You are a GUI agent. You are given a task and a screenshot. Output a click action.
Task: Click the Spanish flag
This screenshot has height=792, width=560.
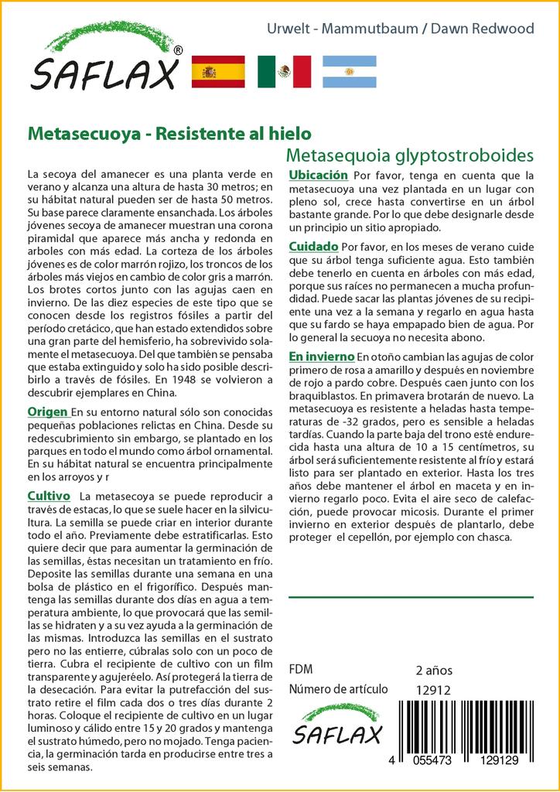click(217, 72)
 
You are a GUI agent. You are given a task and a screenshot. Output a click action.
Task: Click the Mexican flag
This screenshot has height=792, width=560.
click(284, 72)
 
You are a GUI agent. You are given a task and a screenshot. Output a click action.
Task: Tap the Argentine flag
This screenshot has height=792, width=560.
click(349, 72)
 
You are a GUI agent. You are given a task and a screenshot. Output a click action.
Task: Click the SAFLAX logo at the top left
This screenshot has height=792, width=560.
click(105, 60)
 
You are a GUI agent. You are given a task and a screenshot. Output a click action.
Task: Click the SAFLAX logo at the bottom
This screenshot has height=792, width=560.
click(337, 725)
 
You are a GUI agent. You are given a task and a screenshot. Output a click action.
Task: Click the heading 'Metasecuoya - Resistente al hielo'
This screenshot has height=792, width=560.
click(169, 133)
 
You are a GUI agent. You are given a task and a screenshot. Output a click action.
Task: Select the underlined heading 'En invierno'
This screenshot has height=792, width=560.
click(320, 357)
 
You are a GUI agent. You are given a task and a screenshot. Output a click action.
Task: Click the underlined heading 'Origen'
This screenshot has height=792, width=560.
click(48, 411)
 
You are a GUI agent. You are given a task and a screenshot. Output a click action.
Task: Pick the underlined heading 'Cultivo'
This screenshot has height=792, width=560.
click(49, 495)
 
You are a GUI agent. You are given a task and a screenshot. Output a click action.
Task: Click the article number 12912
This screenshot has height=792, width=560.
click(433, 691)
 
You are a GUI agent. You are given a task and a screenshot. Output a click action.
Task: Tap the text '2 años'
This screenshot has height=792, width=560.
click(434, 670)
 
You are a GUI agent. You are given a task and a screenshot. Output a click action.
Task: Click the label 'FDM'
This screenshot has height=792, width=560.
click(300, 670)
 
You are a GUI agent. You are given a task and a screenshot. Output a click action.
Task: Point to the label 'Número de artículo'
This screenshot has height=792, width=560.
click(337, 690)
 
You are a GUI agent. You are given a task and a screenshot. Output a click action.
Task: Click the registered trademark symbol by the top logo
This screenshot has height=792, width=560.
click(178, 50)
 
